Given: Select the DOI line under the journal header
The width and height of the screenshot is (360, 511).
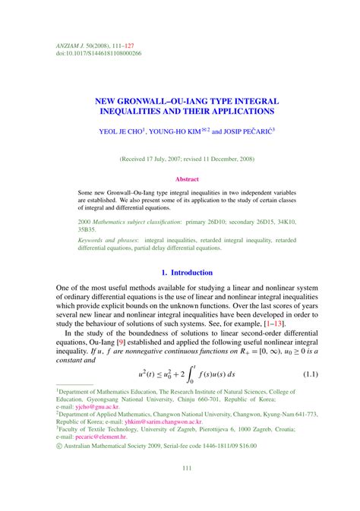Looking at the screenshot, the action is tap(99, 55).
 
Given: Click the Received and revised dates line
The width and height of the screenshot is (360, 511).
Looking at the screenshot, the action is tap(180, 159).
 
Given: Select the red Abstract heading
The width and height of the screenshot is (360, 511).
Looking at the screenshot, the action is tap(180, 179).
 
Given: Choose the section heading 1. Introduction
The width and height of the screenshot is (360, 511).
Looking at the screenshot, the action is tap(180, 272).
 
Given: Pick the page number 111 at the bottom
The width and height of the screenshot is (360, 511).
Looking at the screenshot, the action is tap(180, 489).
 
